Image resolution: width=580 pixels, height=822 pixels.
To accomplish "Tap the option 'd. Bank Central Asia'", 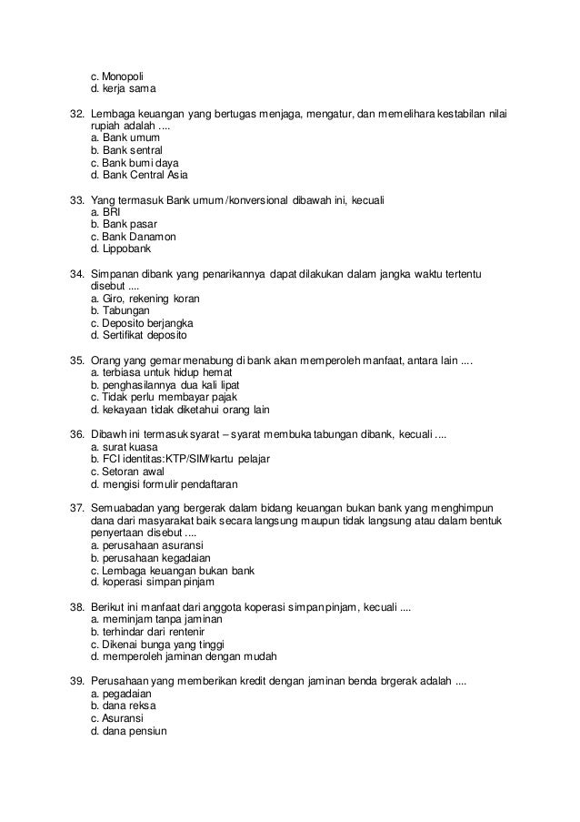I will click(x=138, y=174).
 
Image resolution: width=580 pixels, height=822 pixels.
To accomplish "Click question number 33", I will click(x=77, y=199).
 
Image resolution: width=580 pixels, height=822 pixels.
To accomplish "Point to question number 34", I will click(x=77, y=273).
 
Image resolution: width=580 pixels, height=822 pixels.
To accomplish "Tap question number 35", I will click(x=77, y=360).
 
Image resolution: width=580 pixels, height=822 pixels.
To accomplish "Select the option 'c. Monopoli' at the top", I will click(x=117, y=76).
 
